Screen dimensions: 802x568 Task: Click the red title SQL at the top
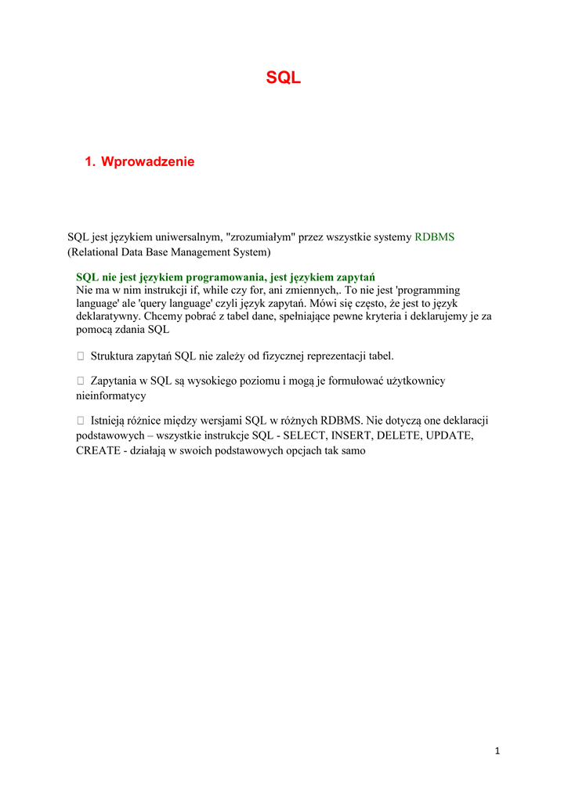283,78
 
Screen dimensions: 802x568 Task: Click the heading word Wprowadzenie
147,161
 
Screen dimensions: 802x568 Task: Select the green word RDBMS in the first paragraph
434,237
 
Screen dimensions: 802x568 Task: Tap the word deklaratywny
108,316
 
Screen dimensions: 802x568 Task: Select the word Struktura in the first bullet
112,356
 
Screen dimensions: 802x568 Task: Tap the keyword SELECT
305,435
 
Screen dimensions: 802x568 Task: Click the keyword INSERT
353,435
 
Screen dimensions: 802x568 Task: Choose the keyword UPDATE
449,435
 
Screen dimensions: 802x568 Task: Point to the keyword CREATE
97,450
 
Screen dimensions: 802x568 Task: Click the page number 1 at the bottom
497,751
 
